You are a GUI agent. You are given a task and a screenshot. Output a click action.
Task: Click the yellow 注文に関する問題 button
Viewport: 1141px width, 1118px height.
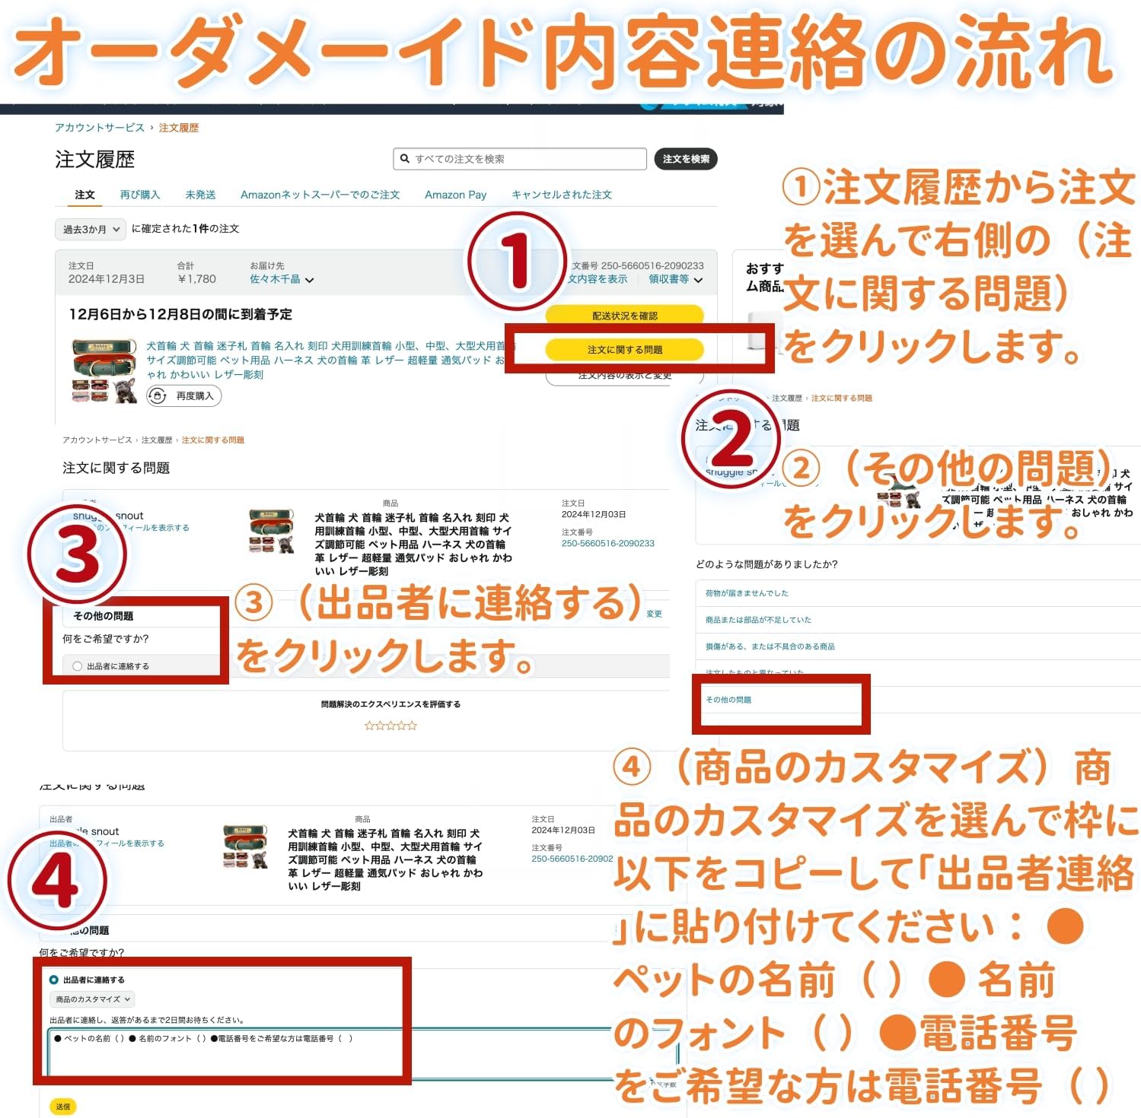624,350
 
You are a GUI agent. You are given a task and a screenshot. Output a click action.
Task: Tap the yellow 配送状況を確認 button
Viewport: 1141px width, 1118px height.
624,316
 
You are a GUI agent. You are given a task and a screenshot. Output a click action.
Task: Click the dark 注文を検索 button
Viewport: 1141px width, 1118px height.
685,159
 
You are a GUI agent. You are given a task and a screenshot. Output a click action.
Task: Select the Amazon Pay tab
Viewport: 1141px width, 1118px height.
455,195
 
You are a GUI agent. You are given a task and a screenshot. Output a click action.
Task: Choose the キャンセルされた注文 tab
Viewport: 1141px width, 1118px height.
562,195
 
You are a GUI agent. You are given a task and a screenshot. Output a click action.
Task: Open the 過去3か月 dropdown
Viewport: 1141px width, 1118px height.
91,229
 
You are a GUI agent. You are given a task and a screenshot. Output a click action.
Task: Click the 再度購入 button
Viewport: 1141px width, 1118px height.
184,395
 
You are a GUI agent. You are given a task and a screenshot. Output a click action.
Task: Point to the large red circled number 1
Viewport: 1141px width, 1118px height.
518,261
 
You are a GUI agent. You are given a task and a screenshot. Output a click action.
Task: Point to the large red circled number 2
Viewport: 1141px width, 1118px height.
731,440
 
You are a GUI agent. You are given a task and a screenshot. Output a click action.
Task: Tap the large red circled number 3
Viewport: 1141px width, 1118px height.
77,555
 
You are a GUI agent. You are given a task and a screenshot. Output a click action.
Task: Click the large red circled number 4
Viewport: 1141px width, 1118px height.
57,881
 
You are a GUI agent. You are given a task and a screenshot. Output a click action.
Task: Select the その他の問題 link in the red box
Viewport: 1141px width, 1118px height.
728,700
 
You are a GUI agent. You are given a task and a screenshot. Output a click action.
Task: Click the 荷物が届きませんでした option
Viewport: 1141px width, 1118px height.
747,593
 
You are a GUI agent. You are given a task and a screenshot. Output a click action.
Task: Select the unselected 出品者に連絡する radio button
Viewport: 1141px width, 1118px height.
78,666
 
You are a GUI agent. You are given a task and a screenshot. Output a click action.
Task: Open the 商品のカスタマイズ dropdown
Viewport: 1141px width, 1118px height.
93,999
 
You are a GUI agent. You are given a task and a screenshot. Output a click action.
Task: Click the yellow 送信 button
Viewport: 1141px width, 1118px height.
63,1107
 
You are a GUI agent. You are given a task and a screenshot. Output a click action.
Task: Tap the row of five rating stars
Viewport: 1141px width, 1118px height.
390,726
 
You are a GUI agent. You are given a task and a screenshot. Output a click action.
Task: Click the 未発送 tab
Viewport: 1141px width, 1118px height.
200,195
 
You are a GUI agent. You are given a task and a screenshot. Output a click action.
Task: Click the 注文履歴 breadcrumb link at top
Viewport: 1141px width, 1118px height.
179,128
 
